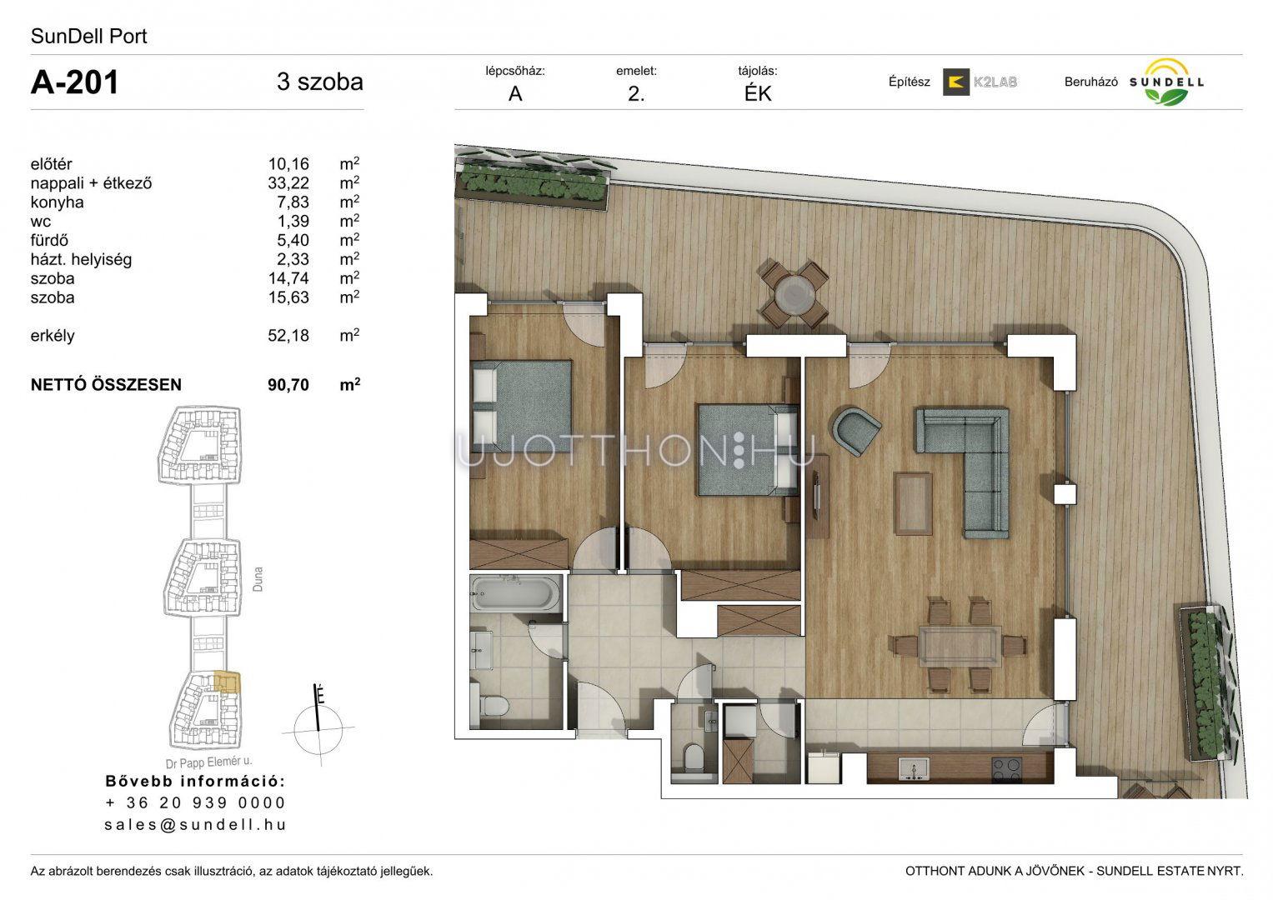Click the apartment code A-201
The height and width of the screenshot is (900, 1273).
[74, 82]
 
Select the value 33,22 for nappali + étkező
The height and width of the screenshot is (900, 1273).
[288, 183]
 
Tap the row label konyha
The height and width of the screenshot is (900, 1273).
[57, 202]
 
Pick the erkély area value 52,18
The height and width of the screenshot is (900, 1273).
[288, 335]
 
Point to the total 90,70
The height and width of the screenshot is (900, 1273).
[288, 385]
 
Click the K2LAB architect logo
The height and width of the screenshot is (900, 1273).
[980, 82]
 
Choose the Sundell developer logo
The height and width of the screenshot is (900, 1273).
[1166, 82]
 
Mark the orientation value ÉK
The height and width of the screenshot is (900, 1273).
[758, 93]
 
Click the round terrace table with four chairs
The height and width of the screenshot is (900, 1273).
[794, 293]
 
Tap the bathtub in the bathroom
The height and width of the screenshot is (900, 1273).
[515, 593]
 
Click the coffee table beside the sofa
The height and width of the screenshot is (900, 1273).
[913, 504]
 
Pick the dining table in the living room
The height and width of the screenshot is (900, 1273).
[960, 646]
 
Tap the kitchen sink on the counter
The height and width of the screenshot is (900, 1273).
[913, 768]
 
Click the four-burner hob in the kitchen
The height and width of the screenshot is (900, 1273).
[1006, 771]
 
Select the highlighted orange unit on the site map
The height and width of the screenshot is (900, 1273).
[227, 683]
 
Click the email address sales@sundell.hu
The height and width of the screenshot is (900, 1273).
[195, 824]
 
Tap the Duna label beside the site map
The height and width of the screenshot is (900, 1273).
[258, 579]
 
